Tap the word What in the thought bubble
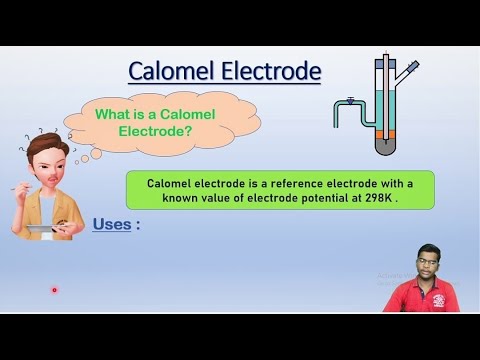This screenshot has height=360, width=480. click(x=112, y=115)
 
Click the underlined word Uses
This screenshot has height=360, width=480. click(x=111, y=224)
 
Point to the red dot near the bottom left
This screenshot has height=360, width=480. click(x=54, y=291)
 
